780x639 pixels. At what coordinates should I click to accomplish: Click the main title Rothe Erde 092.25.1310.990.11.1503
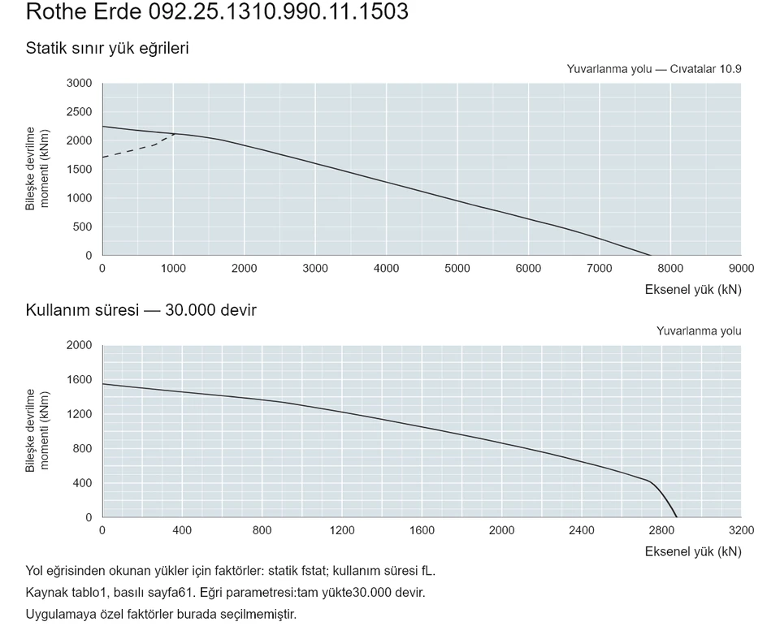tap(217, 11)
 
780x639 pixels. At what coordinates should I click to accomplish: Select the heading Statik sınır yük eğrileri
tap(107, 48)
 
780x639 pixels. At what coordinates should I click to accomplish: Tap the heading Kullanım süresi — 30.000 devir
tap(141, 310)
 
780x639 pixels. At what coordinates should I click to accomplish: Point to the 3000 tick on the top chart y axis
tap(80, 83)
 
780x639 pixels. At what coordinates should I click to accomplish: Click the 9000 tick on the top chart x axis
tap(741, 269)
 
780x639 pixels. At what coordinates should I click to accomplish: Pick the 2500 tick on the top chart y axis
tap(80, 112)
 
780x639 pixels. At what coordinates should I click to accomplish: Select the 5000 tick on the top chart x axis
tap(457, 269)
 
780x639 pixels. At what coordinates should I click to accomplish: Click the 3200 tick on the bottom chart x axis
tap(741, 530)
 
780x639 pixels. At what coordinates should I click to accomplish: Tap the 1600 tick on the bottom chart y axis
tap(80, 379)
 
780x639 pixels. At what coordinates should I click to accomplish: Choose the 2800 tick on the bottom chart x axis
tap(661, 530)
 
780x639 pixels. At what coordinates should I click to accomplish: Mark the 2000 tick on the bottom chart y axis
tap(80, 345)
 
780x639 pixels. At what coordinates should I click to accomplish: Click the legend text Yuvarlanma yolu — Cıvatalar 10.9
tap(654, 69)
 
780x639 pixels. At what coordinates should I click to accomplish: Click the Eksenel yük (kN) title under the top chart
tap(693, 289)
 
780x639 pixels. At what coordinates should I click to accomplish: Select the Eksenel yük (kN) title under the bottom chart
tap(693, 551)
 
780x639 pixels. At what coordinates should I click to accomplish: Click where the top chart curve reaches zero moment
tap(650, 255)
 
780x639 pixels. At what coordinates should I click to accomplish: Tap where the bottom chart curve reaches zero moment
tap(677, 517)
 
